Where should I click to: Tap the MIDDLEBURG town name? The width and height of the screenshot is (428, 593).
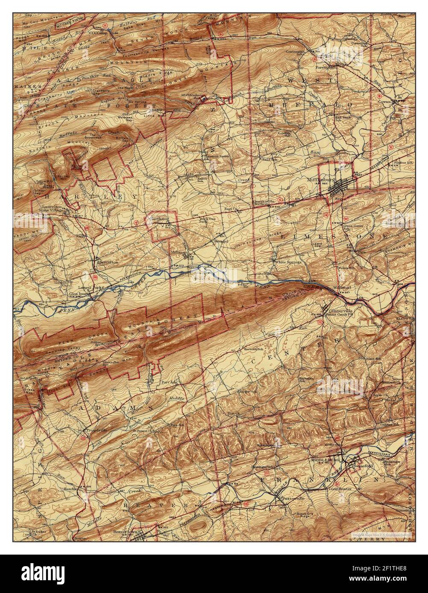pos(329,461)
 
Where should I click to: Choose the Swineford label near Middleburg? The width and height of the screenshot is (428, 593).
pos(363,466)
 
